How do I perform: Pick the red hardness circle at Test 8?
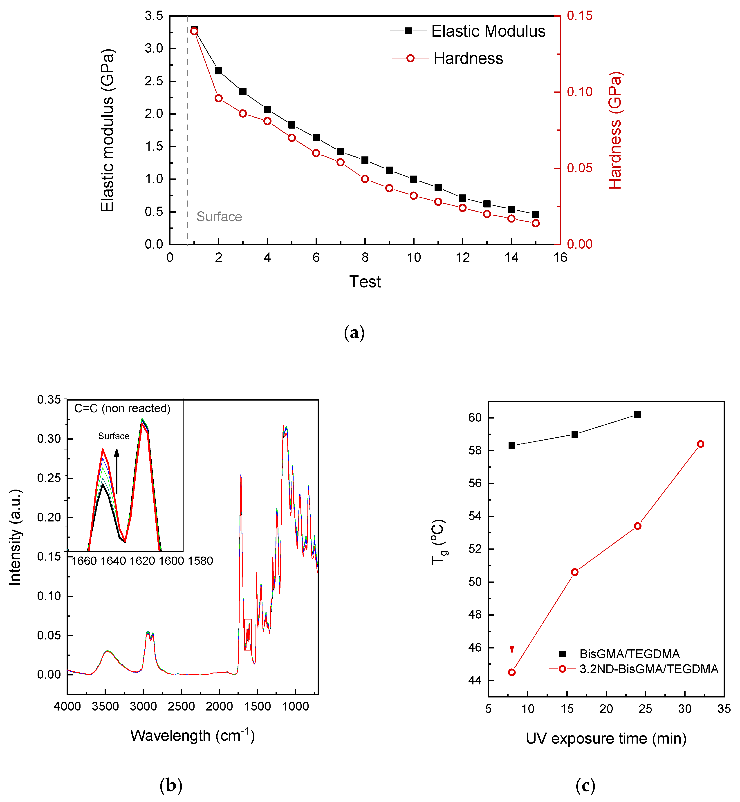tap(365, 179)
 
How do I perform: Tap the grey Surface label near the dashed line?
tap(219, 216)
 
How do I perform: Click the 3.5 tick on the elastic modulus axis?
tap(154, 16)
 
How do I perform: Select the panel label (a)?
tap(354, 333)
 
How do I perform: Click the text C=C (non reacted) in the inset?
tap(122, 408)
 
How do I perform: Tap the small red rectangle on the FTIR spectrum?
tap(248, 634)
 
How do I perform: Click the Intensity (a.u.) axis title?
tap(15, 537)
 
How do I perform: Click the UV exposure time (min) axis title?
tap(606, 738)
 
